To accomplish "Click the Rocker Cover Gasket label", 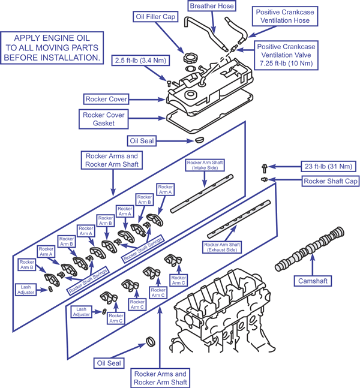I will click(x=104, y=118).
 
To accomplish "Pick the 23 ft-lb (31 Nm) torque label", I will click(x=329, y=166).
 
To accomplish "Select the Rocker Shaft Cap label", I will click(x=329, y=180).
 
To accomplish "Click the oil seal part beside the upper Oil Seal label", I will click(x=194, y=140).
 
